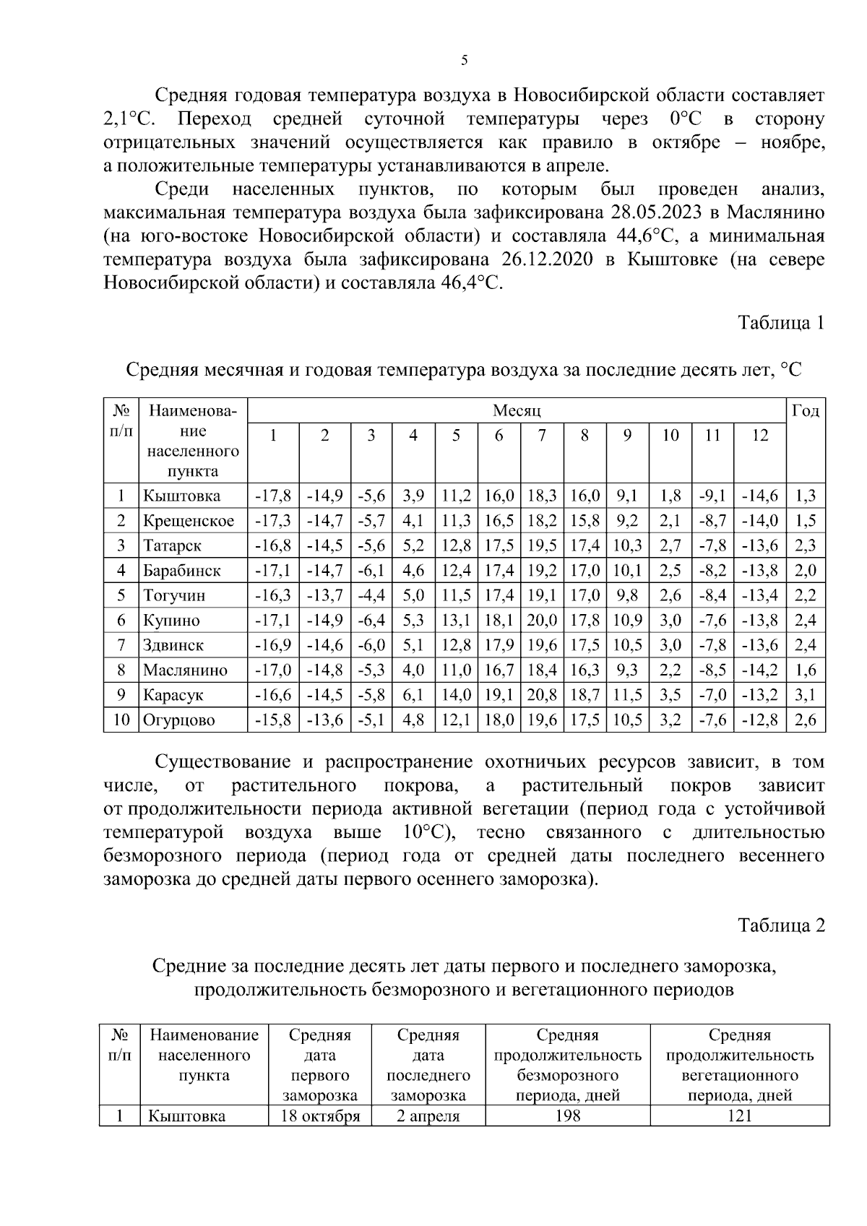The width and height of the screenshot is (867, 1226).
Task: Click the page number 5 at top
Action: (464, 61)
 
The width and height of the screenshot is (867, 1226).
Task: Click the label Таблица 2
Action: (780, 925)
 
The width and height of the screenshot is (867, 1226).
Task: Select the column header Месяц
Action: (516, 411)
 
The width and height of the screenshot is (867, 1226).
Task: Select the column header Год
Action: (805, 411)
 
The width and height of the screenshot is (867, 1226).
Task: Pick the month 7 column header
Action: (542, 435)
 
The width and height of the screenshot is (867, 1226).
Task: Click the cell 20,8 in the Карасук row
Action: (542, 695)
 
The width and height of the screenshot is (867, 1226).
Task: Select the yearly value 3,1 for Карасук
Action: (805, 695)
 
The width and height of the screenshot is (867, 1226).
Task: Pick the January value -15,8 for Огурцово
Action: (273, 720)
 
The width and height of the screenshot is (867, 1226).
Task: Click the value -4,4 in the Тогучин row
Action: (371, 596)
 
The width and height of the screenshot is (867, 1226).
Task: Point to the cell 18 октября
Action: (319, 1116)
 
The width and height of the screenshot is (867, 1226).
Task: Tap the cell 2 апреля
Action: (428, 1116)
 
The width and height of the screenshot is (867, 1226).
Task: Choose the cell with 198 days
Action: (567, 1116)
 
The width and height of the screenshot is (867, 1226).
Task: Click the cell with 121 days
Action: (739, 1116)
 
